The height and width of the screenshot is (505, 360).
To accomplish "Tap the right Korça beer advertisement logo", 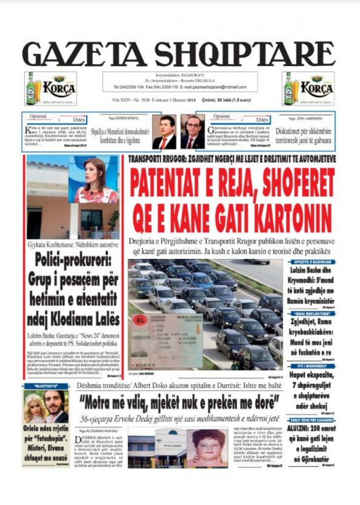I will coord(308,89).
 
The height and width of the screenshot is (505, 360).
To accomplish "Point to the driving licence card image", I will coord(166,340).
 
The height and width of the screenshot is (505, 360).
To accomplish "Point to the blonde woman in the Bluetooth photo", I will coord(34,407).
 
